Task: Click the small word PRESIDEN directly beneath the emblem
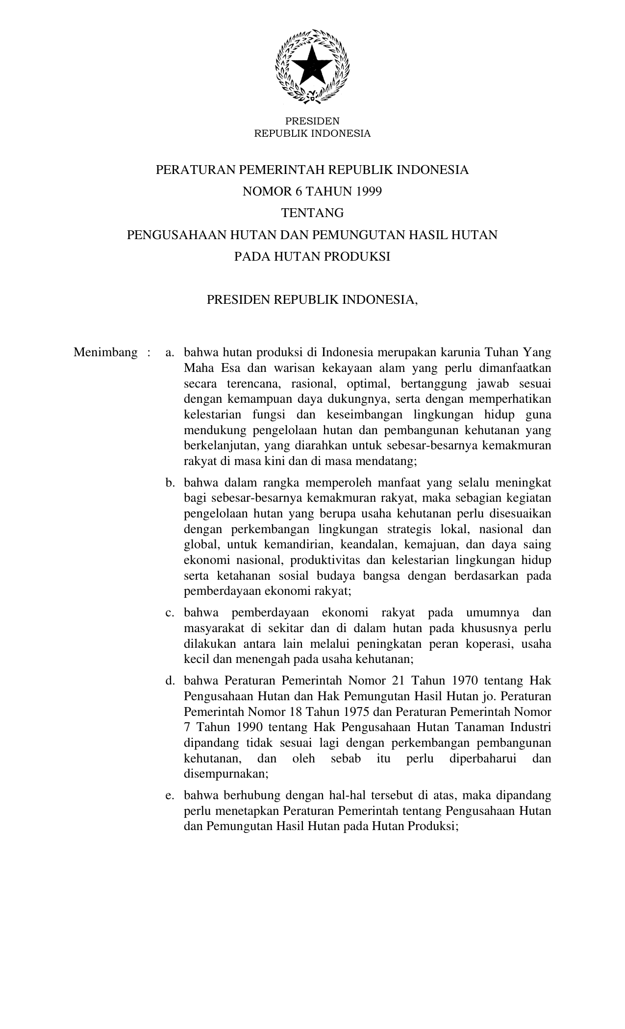pos(312,121)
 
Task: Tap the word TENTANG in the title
pos(312,213)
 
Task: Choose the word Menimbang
pos(105,352)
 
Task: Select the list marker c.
pos(170,612)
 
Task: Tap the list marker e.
pos(170,795)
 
